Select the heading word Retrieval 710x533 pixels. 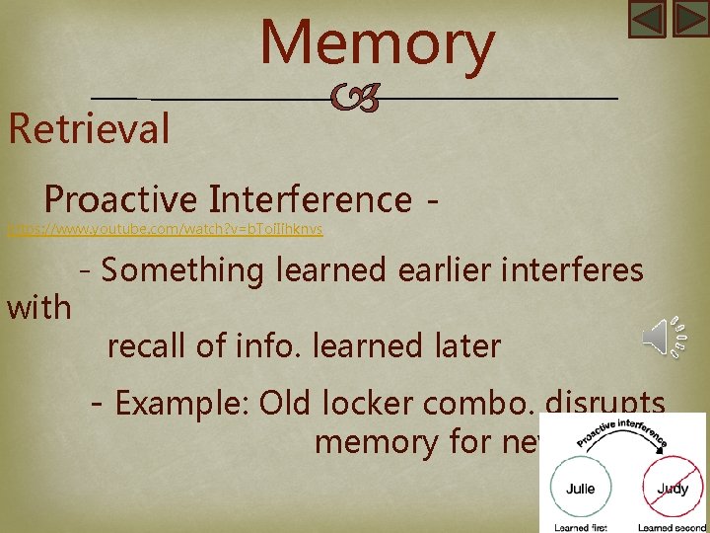click(x=89, y=129)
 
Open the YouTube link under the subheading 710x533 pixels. click(x=165, y=230)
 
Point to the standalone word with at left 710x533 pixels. click(x=39, y=308)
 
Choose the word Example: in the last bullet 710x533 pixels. click(x=180, y=404)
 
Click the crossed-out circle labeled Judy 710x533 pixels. click(x=673, y=489)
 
